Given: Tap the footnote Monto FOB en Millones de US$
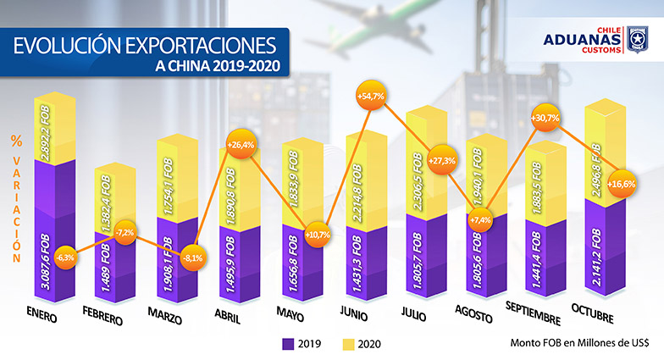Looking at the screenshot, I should [578, 343].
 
